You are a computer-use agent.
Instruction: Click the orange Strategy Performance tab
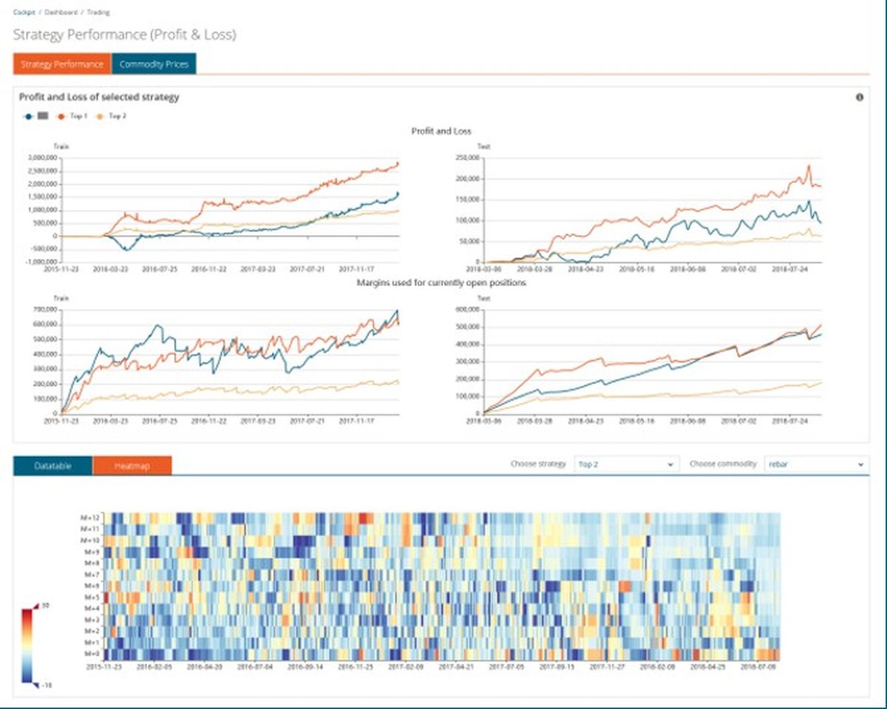[62, 64]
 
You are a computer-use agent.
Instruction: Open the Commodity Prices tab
[154, 64]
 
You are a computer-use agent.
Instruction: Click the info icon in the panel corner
[860, 97]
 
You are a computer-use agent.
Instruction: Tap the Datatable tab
[52, 466]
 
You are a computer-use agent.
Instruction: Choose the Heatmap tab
[132, 466]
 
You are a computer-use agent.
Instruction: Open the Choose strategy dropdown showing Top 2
[626, 464]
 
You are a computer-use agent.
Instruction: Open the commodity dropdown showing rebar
[816, 464]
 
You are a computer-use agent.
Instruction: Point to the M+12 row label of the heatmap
[90, 518]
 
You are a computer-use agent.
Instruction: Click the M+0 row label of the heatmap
[92, 654]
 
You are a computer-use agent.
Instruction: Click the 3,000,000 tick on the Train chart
[43, 158]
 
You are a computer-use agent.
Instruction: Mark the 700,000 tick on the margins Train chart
[47, 311]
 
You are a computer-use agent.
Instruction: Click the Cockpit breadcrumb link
[24, 13]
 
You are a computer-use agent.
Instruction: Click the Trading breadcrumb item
[98, 13]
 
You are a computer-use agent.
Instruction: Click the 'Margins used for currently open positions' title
[441, 283]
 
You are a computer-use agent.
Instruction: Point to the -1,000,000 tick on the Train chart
[41, 262]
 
